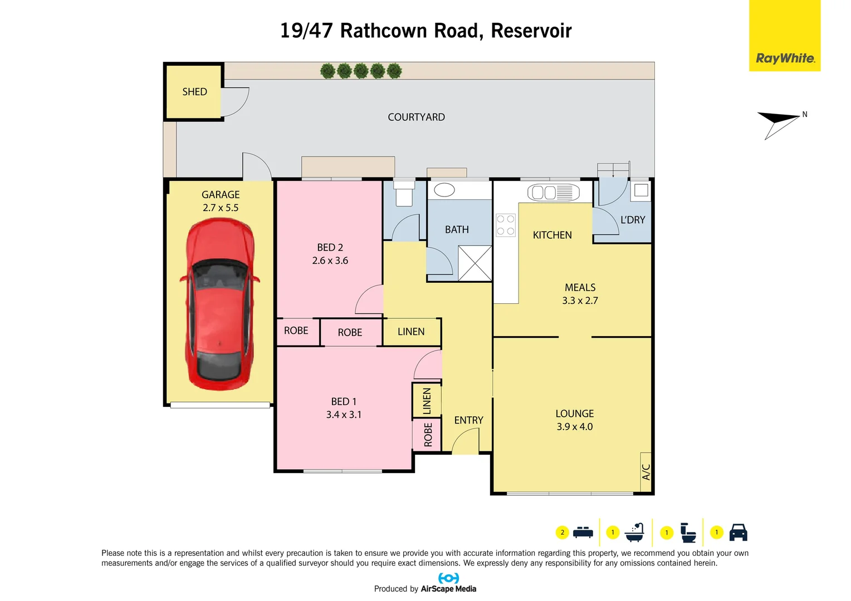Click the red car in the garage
(x=220, y=304)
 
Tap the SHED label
(x=194, y=92)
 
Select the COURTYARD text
(x=416, y=117)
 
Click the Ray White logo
(x=784, y=58)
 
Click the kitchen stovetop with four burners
(x=506, y=225)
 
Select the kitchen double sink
(x=553, y=193)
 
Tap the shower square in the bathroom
(x=475, y=263)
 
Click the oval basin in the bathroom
(x=444, y=190)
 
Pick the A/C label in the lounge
(x=646, y=472)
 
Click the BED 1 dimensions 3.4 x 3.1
(x=344, y=415)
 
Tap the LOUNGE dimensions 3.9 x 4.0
(x=574, y=427)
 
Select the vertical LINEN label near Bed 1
(x=427, y=401)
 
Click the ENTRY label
(x=468, y=420)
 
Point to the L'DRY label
(x=633, y=220)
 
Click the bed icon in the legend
(x=583, y=532)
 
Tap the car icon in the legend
(x=738, y=532)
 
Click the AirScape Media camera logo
(x=448, y=578)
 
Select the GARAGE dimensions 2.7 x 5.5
(x=221, y=208)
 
